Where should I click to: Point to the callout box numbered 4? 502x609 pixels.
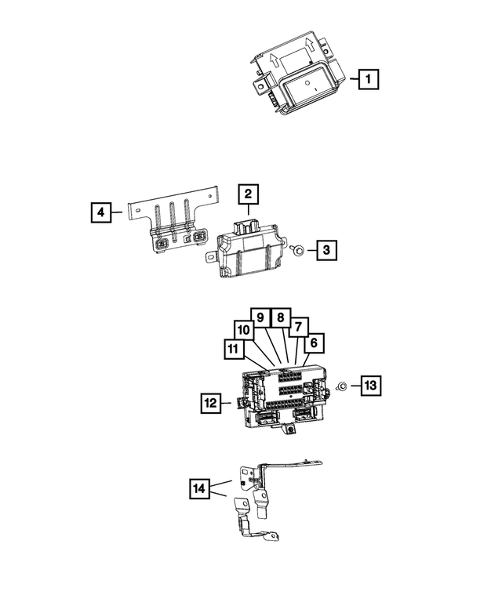pos(100,211)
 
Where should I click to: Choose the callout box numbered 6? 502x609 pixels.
pos(314,343)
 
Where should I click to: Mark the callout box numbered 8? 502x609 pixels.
pos(278,318)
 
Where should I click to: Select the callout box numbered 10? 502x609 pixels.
pos(243,332)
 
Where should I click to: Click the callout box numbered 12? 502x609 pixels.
pos(210,404)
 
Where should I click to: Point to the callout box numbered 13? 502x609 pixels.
pos(370,385)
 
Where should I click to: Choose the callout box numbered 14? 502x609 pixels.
pos(201,489)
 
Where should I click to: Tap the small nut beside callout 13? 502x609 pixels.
pos(343,386)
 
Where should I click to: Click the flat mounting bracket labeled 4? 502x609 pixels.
pos(173,223)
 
